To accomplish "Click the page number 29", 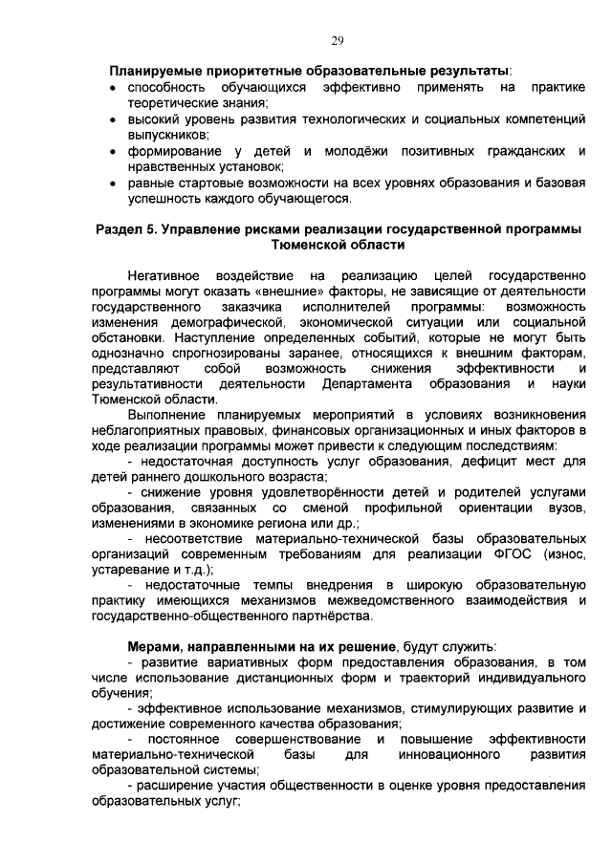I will [x=338, y=39].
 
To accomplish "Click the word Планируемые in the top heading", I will [x=155, y=71].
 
